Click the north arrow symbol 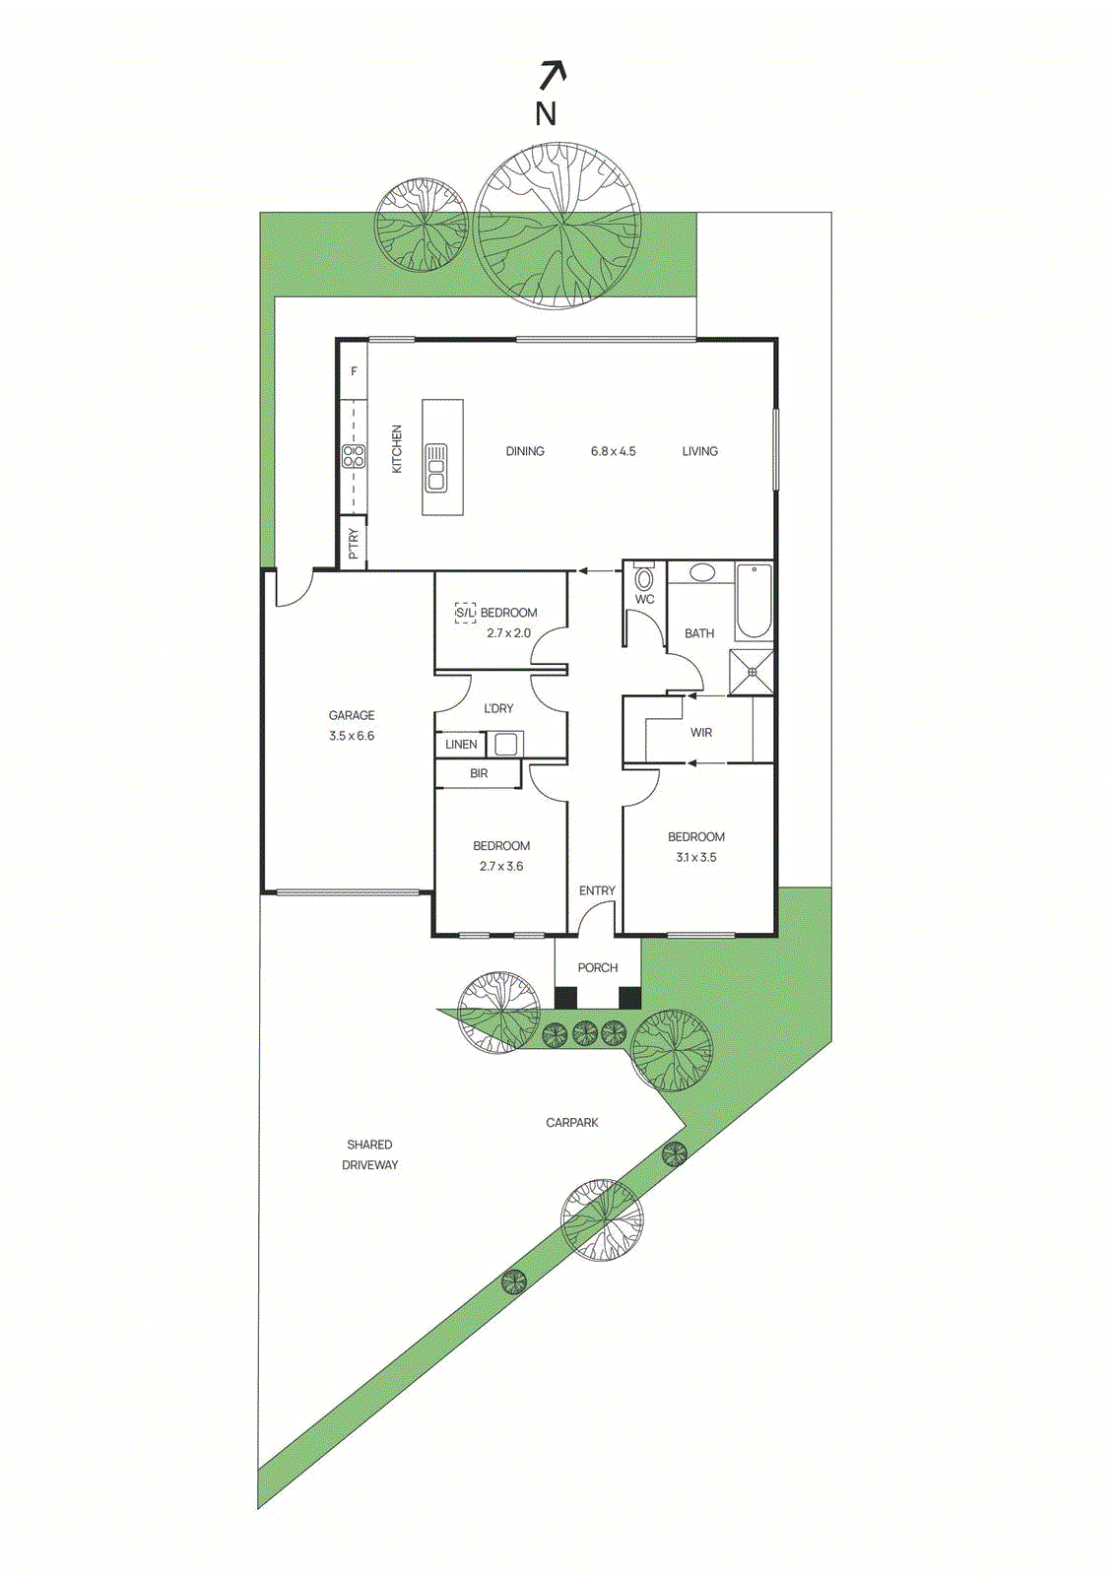point(554,76)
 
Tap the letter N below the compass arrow point(546,114)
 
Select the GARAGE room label point(352,715)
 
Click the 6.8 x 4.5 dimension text point(613,451)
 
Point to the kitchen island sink point(436,468)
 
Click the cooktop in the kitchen point(354,456)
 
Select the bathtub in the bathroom point(754,601)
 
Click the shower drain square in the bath point(753,672)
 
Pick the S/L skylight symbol point(465,613)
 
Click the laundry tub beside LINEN point(505,744)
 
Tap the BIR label point(479,773)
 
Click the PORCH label point(598,967)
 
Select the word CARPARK point(572,1122)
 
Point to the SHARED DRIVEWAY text point(370,1154)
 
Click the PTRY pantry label point(354,545)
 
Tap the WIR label point(701,732)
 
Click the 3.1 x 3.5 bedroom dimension point(696,857)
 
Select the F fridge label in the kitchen point(355,371)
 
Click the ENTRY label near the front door point(597,890)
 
